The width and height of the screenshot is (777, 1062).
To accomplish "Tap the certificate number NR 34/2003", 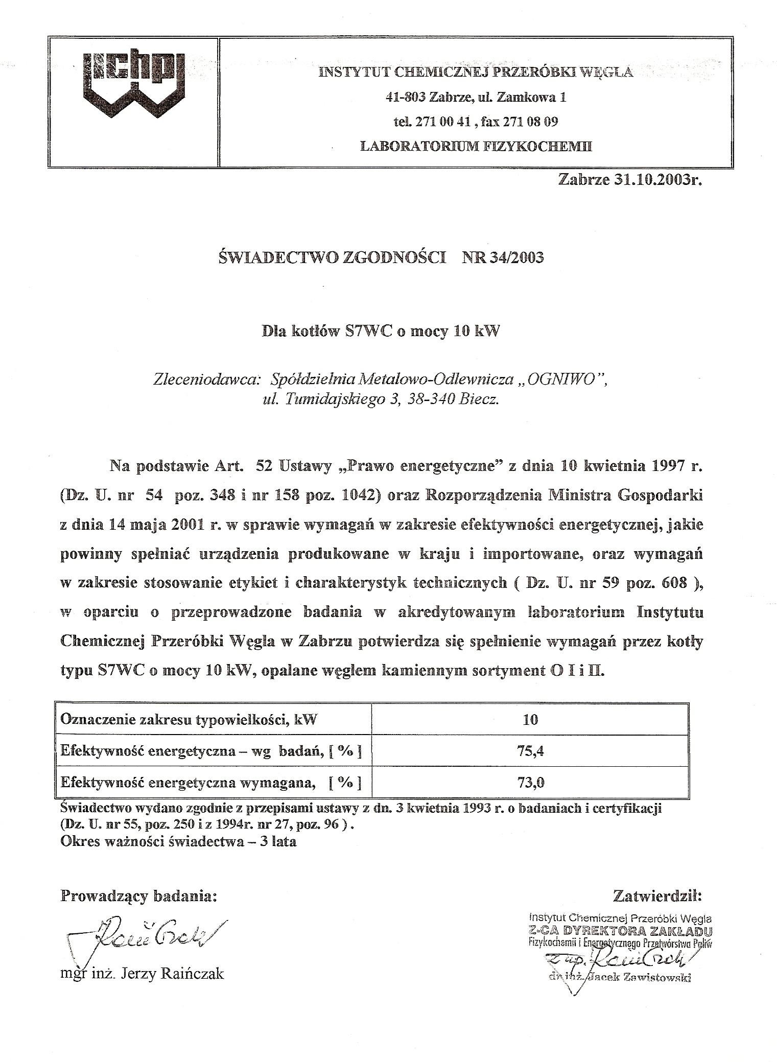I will pyautogui.click(x=503, y=257).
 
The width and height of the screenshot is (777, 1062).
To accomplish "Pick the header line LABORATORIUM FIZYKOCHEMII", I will pyautogui.click(x=476, y=146).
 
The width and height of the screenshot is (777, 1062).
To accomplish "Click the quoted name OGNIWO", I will pyautogui.click(x=560, y=380).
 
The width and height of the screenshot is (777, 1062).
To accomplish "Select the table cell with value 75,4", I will pyautogui.click(x=530, y=751).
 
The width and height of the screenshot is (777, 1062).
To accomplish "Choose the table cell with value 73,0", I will pyautogui.click(x=530, y=782).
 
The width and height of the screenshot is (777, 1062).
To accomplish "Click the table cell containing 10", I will pyautogui.click(x=530, y=720).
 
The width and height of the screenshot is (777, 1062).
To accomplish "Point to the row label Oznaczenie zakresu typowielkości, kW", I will pyautogui.click(x=188, y=720).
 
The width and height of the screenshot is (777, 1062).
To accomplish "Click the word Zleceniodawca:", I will pyautogui.click(x=207, y=380).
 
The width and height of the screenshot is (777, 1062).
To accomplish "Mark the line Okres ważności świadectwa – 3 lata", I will pyautogui.click(x=178, y=841).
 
